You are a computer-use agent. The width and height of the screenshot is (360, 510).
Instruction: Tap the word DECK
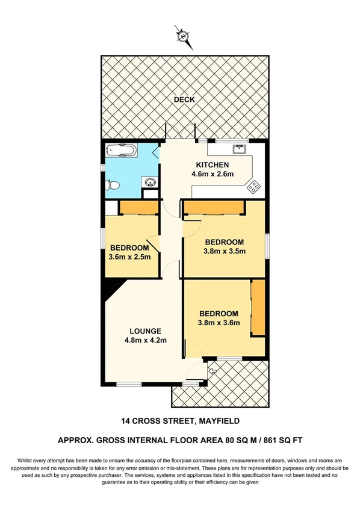coord(184,99)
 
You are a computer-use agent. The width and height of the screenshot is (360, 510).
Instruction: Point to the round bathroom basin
coord(151,182)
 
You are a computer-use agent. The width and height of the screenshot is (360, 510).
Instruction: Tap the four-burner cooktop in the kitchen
coord(254,187)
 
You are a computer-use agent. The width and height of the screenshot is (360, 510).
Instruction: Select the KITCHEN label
coord(211,165)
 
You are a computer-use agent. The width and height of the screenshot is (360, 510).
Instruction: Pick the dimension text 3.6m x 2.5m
coord(129,258)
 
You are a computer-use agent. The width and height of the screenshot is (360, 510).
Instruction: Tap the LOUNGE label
coord(145,331)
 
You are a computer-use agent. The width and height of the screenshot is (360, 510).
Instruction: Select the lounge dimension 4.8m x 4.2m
coord(145,340)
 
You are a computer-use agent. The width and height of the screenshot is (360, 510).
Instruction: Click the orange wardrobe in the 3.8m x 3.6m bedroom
coord(258,308)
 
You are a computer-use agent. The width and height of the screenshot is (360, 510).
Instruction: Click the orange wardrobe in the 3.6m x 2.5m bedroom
coord(138,208)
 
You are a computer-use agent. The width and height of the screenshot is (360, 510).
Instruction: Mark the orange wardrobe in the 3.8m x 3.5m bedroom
coord(214,208)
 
